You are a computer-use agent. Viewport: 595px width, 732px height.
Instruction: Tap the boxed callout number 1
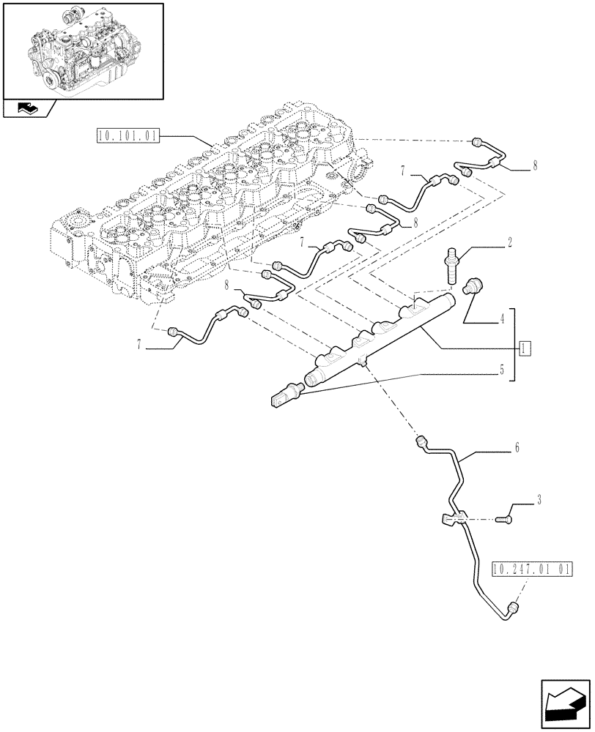[525, 347]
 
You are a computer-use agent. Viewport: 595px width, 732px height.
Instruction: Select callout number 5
[502, 370]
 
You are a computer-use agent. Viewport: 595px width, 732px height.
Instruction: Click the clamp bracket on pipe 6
[451, 520]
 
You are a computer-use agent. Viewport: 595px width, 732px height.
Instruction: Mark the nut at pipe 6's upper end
[421, 441]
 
